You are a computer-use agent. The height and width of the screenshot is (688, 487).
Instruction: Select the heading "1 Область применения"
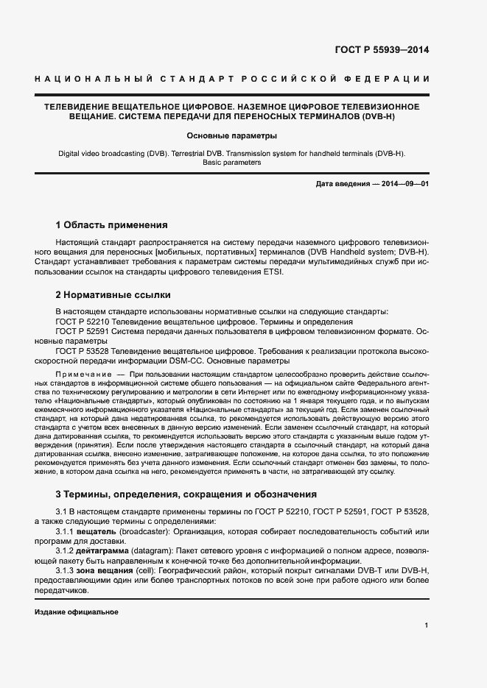[x=111, y=224]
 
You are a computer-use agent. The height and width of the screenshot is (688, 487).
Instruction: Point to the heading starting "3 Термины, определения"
[x=186, y=494]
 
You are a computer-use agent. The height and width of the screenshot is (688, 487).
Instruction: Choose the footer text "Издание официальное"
[x=77, y=612]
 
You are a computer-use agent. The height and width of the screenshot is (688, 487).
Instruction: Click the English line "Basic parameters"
[x=231, y=162]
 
